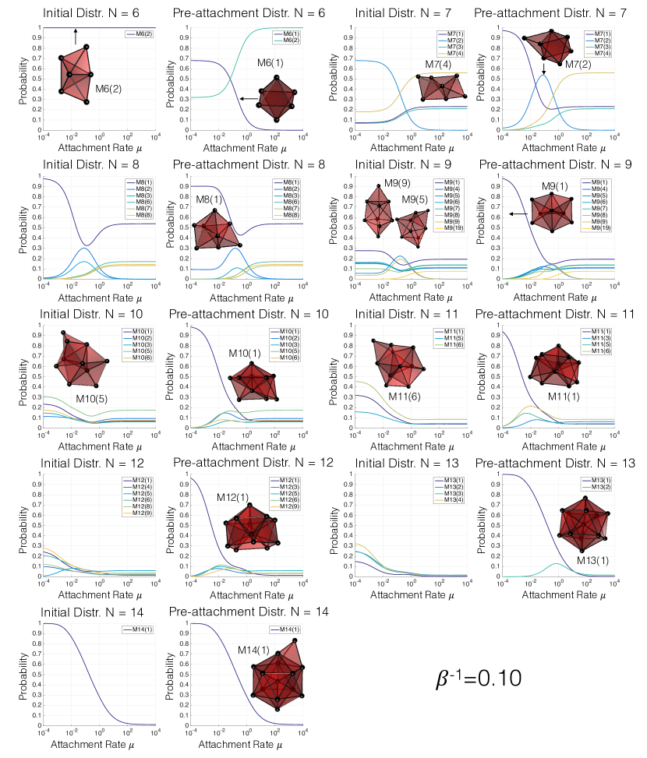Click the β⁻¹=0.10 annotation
click(478, 679)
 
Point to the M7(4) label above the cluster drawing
click(440, 64)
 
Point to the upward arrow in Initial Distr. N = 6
click(76, 35)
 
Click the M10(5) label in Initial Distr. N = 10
click(92, 399)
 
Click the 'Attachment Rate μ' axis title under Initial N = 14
click(87, 746)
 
